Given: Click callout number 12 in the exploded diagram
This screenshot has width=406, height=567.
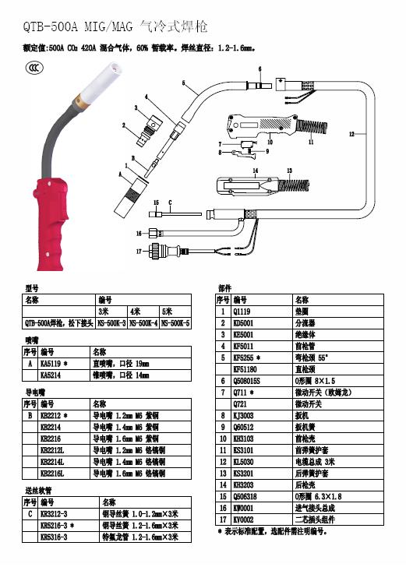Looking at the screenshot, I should pos(351,134).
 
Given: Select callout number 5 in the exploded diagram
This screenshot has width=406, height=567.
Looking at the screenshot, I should pos(184,83).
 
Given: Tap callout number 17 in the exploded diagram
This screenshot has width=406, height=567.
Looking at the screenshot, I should pos(139,251).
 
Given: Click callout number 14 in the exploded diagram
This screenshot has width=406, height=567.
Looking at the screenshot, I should pos(255,169).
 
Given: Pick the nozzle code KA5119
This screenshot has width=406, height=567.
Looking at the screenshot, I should pos(53,363).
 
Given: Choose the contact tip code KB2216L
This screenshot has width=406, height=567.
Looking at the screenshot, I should pos(53,472).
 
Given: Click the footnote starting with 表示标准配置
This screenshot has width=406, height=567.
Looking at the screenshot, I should pos(273,531).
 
